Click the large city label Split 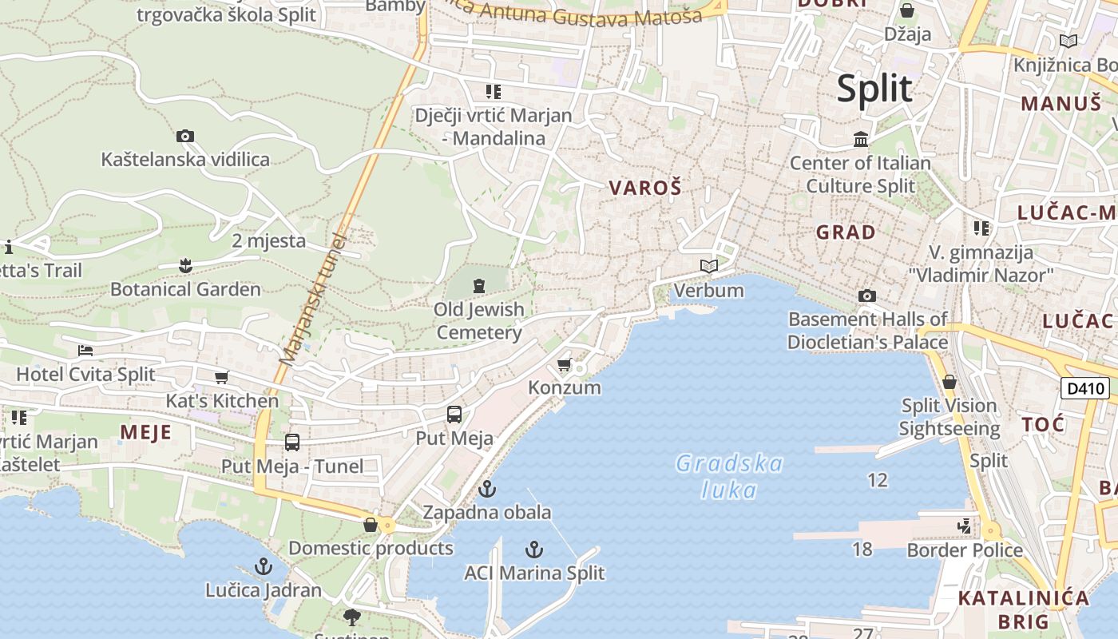pyautogui.click(x=874, y=88)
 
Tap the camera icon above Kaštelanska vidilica pyautogui.click(x=185, y=137)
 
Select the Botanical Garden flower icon pyautogui.click(x=185, y=265)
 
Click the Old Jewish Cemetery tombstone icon pyautogui.click(x=479, y=285)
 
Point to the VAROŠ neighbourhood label pyautogui.click(x=645, y=189)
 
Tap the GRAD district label pyautogui.click(x=846, y=232)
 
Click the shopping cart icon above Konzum pyautogui.click(x=565, y=365)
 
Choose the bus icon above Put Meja pyautogui.click(x=454, y=415)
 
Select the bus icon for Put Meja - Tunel pyautogui.click(x=292, y=443)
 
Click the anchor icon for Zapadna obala pyautogui.click(x=486, y=489)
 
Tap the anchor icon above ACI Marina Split pyautogui.click(x=534, y=550)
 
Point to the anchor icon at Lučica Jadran pyautogui.click(x=263, y=567)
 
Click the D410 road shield pyautogui.click(x=1085, y=389)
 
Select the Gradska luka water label pyautogui.click(x=729, y=476)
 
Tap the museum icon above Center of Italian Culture pyautogui.click(x=861, y=140)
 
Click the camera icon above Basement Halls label pyautogui.click(x=867, y=296)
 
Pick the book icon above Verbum pyautogui.click(x=709, y=266)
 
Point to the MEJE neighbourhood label pyautogui.click(x=145, y=433)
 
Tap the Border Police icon pyautogui.click(x=965, y=526)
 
